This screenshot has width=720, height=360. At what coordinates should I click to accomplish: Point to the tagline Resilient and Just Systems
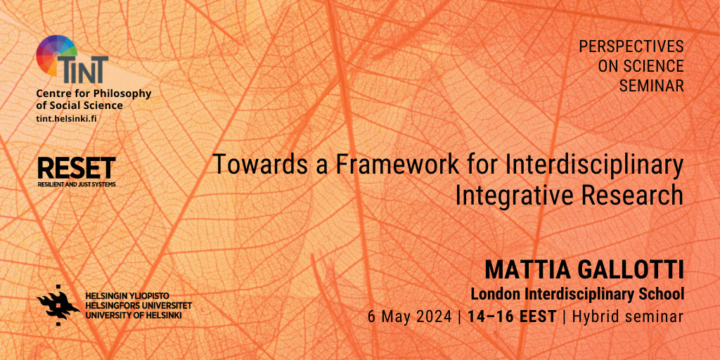click(76, 184)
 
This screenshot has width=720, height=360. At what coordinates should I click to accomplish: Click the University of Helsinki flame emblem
click(58, 305)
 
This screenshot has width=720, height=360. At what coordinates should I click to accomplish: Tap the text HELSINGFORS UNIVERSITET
click(139, 306)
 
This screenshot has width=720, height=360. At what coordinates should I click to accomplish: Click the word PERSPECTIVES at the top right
click(631, 46)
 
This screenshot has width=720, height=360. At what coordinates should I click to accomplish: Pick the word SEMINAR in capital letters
click(652, 85)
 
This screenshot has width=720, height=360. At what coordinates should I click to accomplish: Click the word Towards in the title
click(250, 165)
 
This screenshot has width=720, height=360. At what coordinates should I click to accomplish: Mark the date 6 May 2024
click(410, 316)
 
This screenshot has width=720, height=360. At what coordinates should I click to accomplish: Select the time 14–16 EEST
click(512, 316)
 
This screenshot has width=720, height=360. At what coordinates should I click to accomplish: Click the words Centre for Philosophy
click(94, 94)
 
